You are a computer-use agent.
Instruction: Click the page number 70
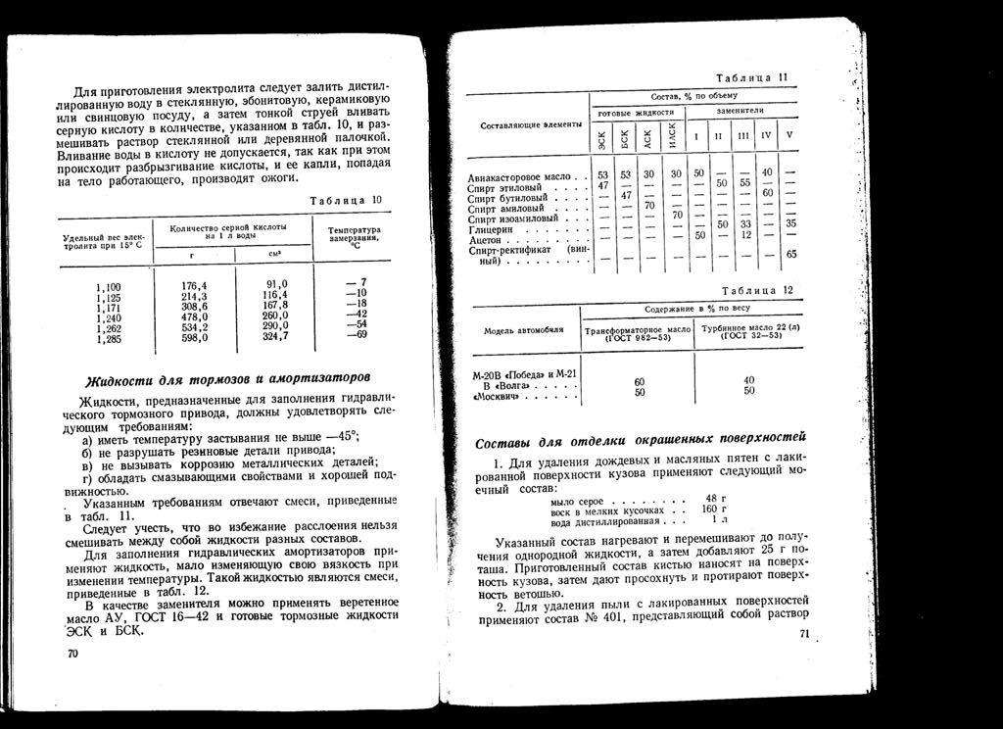point(72,653)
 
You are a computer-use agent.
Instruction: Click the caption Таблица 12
point(762,290)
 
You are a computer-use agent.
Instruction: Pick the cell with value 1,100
point(108,286)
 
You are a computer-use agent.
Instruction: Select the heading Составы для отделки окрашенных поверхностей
point(640,437)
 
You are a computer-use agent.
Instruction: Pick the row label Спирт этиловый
point(499,186)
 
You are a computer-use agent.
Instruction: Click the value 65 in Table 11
point(791,255)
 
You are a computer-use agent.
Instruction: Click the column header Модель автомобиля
point(523,331)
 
